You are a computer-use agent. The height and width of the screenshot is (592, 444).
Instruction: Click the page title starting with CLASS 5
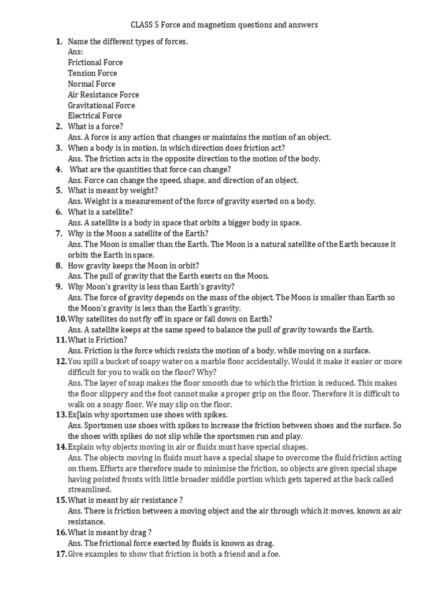(x=224, y=25)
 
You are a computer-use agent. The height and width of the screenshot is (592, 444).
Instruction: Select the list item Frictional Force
(x=95, y=62)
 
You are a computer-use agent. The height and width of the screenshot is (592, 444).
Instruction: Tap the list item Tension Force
(x=92, y=73)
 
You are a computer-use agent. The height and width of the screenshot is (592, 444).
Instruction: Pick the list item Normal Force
(x=91, y=84)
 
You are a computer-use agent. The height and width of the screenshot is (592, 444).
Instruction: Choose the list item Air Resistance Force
(x=103, y=95)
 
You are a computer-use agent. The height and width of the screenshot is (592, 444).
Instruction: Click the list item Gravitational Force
(x=101, y=105)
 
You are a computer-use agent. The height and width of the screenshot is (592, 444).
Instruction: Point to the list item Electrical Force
(x=95, y=116)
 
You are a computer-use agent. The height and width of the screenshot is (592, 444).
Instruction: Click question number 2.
(x=59, y=127)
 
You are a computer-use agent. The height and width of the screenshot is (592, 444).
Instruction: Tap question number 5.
(x=59, y=190)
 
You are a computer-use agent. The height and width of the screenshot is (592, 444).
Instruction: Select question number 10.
(x=61, y=319)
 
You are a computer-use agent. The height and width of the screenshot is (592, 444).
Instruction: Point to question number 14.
(x=61, y=447)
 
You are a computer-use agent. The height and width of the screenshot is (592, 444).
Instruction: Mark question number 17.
(x=61, y=554)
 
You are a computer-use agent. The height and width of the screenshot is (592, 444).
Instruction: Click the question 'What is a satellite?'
(x=101, y=212)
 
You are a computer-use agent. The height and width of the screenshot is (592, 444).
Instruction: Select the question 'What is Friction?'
(x=97, y=340)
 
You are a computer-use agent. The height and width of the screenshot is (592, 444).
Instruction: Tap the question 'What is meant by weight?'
(x=113, y=190)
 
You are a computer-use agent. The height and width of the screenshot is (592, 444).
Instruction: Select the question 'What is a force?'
(x=95, y=127)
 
